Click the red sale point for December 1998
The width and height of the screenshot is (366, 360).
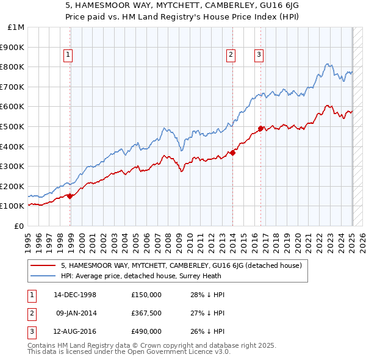pos(70,196)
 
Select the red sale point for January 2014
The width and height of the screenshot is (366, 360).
pos(232,153)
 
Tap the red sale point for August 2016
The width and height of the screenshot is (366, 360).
pos(260,128)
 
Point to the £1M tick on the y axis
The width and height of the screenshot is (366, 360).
pos(16,27)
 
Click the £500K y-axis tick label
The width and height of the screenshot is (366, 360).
pos(13,126)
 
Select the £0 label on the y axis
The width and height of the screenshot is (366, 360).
pos(20,226)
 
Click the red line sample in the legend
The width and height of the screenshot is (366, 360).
pos(42,265)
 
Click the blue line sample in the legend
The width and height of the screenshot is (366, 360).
pos(42,275)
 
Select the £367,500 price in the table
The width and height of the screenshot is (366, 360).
pos(146,312)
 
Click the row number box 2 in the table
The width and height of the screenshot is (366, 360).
pos(31,312)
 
